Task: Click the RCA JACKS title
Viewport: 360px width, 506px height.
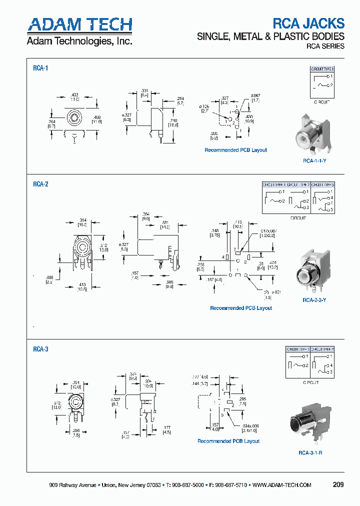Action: tap(308, 23)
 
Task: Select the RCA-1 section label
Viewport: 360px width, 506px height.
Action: tap(40, 68)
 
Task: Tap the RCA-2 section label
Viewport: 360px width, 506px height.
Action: tap(40, 184)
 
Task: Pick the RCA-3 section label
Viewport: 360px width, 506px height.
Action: tap(40, 349)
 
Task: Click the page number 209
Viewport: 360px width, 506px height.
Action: tap(338, 484)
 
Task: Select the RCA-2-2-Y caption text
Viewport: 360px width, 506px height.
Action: tap(314, 300)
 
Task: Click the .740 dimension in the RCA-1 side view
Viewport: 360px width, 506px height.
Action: tap(173, 121)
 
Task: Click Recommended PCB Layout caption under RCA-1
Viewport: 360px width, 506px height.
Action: tap(236, 150)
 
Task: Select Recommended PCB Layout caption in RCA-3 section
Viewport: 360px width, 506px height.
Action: tap(228, 441)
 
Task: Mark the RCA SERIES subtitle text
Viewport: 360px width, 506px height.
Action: tap(325, 46)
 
